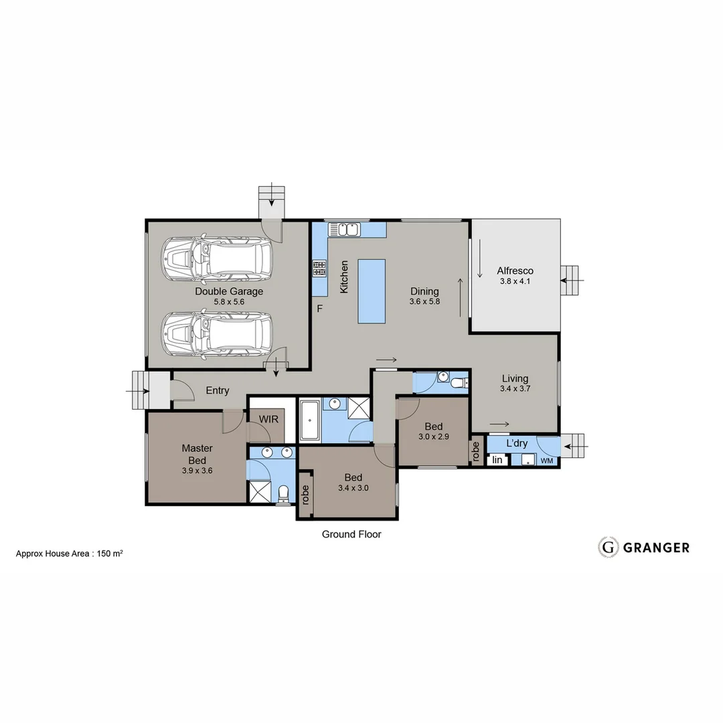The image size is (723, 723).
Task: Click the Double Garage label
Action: click(x=229, y=291)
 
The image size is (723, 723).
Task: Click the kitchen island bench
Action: click(x=372, y=291)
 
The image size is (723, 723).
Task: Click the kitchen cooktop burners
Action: click(x=319, y=268)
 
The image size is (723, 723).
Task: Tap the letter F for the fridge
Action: click(x=320, y=309)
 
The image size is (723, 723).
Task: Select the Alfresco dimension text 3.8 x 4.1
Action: click(x=515, y=282)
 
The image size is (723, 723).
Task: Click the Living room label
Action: click(x=515, y=378)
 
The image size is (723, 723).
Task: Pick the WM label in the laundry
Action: click(x=547, y=461)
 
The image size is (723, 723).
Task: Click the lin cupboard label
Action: click(x=497, y=460)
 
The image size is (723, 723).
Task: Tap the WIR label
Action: click(x=268, y=418)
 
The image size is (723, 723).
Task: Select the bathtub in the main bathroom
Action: click(x=309, y=420)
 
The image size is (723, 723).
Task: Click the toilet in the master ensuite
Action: click(x=283, y=494)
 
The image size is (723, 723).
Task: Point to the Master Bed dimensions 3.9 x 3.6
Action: click(x=197, y=471)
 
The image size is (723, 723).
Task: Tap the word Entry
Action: click(x=218, y=390)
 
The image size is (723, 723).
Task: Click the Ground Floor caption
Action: click(x=351, y=534)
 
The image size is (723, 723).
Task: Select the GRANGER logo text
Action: click(x=656, y=548)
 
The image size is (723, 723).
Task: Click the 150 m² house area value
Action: click(x=110, y=554)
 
